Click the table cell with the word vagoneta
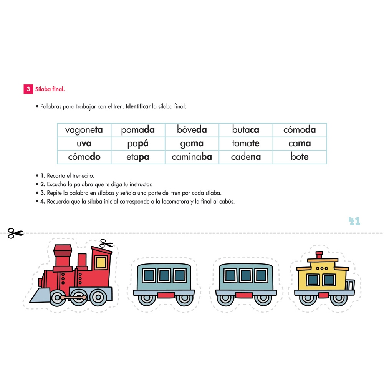[84, 130]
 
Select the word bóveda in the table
[192, 130]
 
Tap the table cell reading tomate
[246, 144]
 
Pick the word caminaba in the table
[192, 157]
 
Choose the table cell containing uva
[84, 144]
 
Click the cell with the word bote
[300, 157]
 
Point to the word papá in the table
[138, 144]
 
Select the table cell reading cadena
[246, 157]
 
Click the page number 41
[354, 221]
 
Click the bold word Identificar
[138, 106]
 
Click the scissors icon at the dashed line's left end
[15, 233]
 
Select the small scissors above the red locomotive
[106, 243]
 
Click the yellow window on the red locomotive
[101, 262]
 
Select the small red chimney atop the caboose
[319, 255]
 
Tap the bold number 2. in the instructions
[43, 184]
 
